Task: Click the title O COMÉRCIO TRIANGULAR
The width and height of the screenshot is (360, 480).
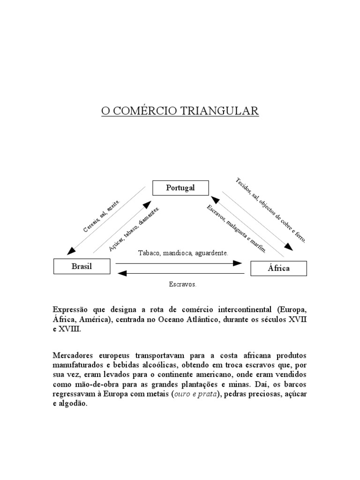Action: click(x=180, y=111)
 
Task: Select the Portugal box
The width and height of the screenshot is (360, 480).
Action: click(x=180, y=188)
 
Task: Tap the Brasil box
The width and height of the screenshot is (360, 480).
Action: click(x=82, y=266)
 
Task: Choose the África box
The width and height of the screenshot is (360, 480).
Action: click(x=278, y=268)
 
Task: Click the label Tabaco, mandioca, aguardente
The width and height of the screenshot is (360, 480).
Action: click(x=183, y=253)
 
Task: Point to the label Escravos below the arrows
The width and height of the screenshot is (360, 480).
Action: click(x=182, y=285)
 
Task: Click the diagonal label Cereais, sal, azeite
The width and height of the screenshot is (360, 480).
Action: click(x=102, y=215)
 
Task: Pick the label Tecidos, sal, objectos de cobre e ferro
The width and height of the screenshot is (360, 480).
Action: click(x=271, y=210)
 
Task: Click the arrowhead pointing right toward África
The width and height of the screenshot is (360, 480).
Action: click(x=238, y=263)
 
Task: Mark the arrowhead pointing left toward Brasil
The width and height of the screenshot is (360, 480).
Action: click(x=121, y=273)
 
